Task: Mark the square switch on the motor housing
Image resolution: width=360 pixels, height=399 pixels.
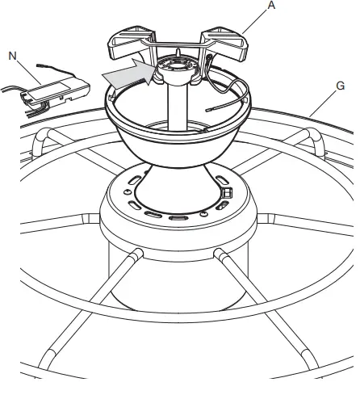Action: point(227,194)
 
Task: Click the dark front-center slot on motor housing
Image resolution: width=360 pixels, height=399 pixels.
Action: point(178,218)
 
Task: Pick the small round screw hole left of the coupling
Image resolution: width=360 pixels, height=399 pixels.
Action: point(127,194)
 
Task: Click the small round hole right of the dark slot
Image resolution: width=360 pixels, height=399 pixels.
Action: point(202,215)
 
